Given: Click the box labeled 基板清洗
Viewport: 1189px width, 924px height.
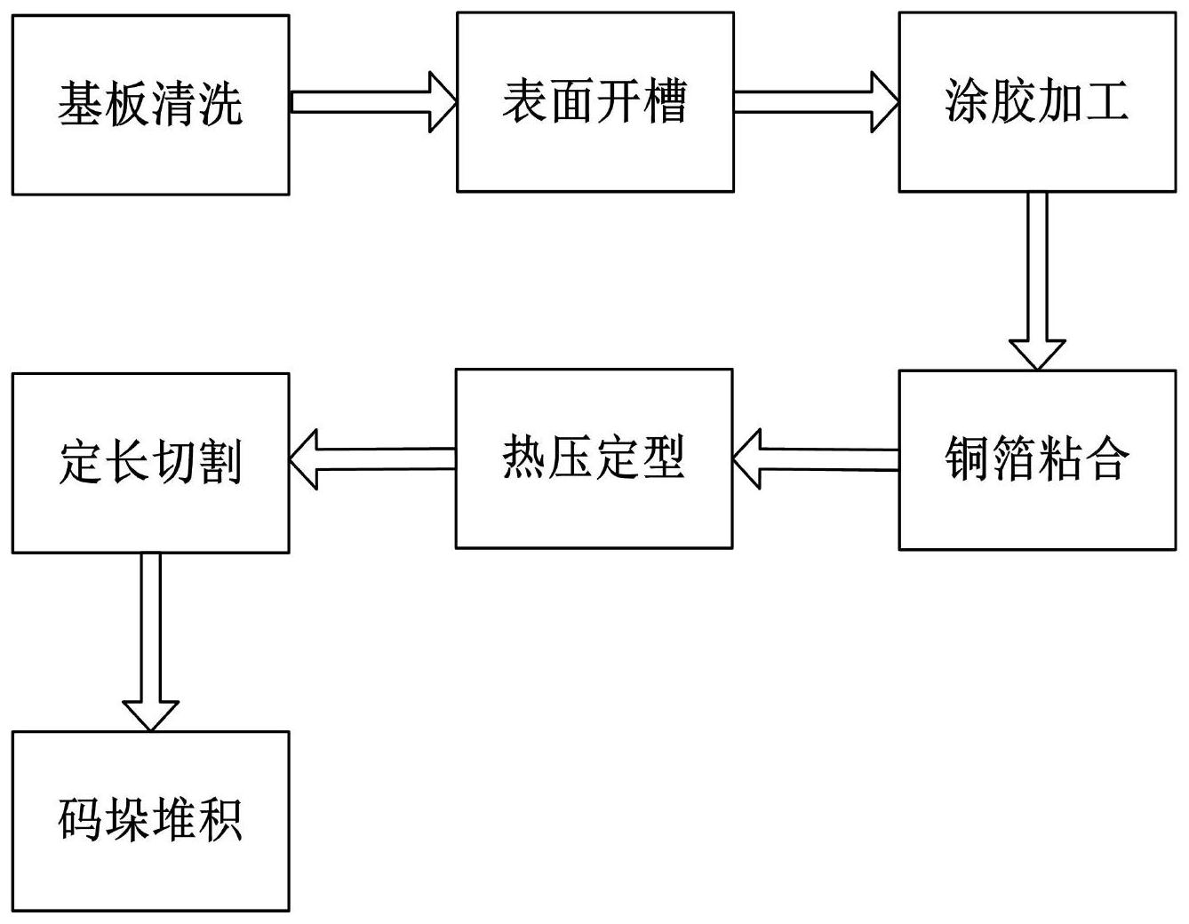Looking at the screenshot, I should coord(150,105).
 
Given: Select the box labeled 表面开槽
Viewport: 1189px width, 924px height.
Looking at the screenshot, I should coord(594,101).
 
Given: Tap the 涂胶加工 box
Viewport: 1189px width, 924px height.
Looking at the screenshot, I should coord(1036,101).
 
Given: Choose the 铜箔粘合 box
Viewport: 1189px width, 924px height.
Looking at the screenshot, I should coord(1036,459).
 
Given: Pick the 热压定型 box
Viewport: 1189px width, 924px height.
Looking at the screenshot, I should coord(594,458).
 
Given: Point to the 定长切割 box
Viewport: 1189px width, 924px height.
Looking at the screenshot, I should coord(150,463).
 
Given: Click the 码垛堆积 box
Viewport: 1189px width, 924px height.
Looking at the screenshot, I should coord(150,821).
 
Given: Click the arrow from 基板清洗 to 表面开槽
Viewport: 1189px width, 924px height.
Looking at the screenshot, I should coord(372,103).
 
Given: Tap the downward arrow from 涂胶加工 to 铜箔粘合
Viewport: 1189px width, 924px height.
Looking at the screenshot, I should coord(1037,280).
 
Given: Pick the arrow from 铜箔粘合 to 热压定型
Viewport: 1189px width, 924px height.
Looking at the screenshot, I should coord(816,459).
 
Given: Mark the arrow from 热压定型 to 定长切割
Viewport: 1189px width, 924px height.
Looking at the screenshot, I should coord(372,459).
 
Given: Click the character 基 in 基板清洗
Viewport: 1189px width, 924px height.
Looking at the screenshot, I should coord(81,105).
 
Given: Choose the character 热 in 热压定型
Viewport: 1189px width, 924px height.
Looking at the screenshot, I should coord(524,458).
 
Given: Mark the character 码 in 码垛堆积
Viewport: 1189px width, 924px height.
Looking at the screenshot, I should coord(81,821).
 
